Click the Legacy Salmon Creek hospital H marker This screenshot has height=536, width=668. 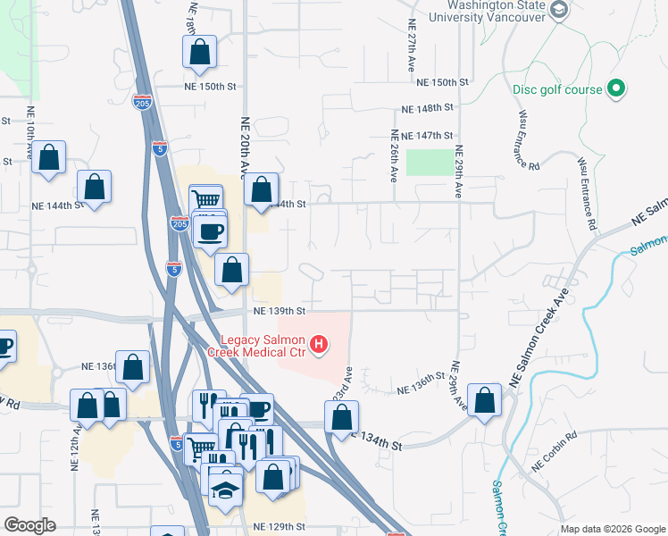(317, 343)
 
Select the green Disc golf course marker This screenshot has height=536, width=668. (615, 88)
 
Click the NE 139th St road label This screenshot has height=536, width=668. (280, 311)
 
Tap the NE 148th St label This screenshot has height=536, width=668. (428, 108)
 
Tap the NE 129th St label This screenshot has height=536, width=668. (280, 527)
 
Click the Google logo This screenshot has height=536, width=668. (29, 525)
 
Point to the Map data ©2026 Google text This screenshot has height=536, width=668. (612, 529)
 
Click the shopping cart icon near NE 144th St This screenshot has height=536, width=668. (206, 199)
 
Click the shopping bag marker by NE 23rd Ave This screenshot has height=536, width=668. (341, 416)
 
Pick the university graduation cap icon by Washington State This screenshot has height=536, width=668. (559, 10)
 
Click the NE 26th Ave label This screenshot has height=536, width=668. (393, 157)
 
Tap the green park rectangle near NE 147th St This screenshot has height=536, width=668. (430, 163)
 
